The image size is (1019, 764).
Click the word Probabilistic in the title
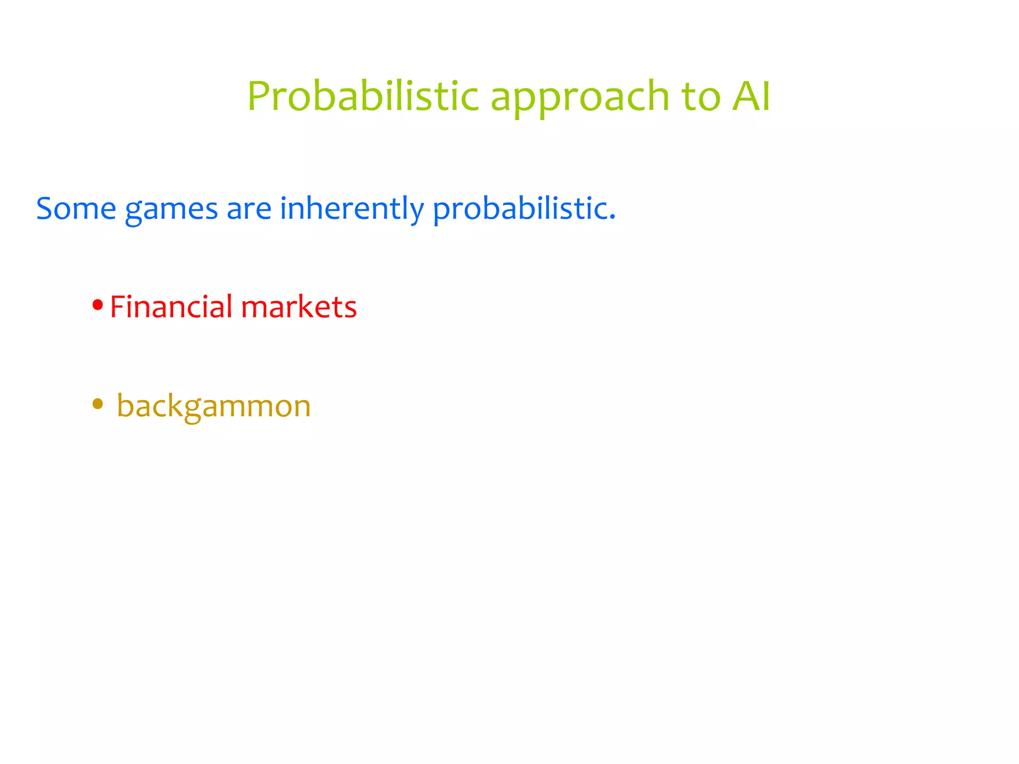[363, 96]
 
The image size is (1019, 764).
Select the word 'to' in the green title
[701, 96]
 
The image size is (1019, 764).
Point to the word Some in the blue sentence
[76, 208]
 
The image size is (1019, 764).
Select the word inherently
[351, 209]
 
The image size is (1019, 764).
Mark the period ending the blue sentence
[612, 218]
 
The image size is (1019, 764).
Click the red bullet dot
[98, 305]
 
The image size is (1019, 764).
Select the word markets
[299, 306]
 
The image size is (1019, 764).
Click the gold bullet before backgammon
[98, 404]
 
